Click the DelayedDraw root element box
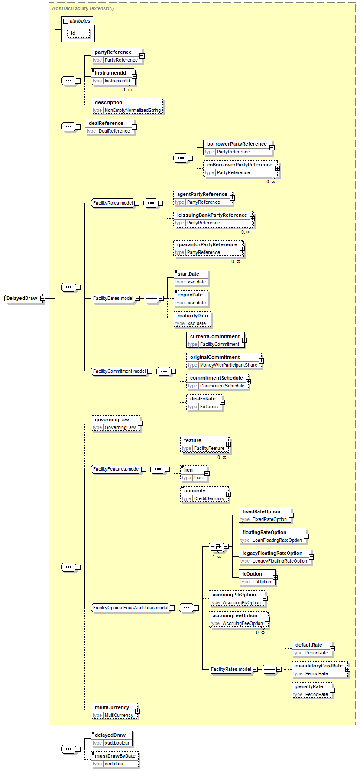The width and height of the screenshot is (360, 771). (22, 298)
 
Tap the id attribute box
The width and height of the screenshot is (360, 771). (78, 33)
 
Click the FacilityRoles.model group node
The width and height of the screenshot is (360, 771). (113, 203)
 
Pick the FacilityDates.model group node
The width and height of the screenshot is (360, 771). (113, 298)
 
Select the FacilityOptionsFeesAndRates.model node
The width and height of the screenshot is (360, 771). (130, 608)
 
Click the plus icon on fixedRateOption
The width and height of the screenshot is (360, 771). (291, 515)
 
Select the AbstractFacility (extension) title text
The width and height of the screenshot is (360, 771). (83, 8)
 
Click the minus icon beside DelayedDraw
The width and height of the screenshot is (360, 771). (42, 298)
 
